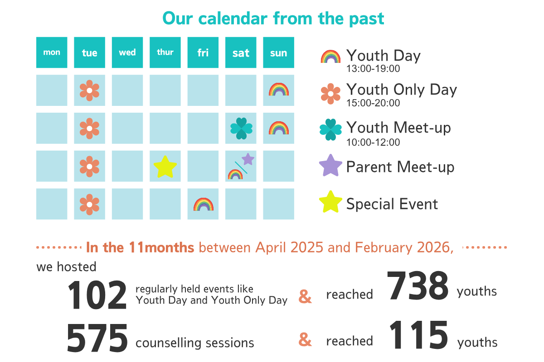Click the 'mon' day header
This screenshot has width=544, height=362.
pyautogui.click(x=52, y=52)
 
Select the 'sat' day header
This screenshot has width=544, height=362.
pyautogui.click(x=241, y=53)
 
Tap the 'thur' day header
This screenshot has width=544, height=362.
pyautogui.click(x=165, y=52)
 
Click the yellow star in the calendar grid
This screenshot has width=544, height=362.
pyautogui.click(x=165, y=167)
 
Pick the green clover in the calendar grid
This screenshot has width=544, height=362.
pyautogui.click(x=241, y=129)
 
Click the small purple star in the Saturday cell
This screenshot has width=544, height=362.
pyautogui.click(x=248, y=159)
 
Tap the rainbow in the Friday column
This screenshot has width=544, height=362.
pyautogui.click(x=203, y=205)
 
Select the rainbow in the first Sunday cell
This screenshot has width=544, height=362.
pyautogui.click(x=278, y=90)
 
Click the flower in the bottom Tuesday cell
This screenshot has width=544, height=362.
pyautogui.click(x=89, y=205)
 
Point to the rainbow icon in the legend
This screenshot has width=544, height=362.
pyautogui.click(x=330, y=57)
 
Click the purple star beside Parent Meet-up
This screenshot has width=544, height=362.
pyautogui.click(x=330, y=166)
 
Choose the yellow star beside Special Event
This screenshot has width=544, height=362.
pyautogui.click(x=330, y=202)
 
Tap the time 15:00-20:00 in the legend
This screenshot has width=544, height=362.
pyautogui.click(x=373, y=103)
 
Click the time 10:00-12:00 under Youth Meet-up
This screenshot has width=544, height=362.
pyautogui.click(x=373, y=143)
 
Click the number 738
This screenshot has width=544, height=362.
pyautogui.click(x=418, y=286)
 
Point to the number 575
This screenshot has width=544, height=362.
pyautogui.click(x=97, y=338)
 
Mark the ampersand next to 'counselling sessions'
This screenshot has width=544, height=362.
pyautogui.click(x=305, y=339)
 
